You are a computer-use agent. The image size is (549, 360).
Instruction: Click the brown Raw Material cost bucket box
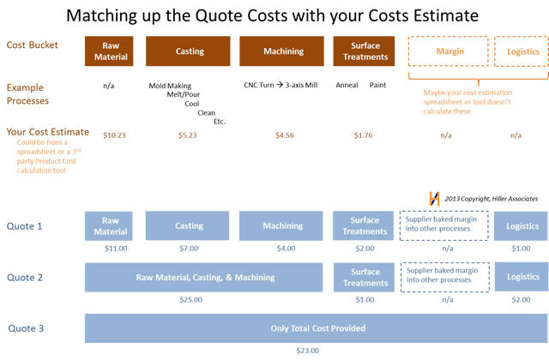(109, 51)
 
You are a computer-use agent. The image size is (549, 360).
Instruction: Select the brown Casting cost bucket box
(188, 51)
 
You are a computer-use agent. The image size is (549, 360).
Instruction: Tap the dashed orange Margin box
(448, 51)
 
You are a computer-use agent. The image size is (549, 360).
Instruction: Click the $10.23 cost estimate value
(114, 135)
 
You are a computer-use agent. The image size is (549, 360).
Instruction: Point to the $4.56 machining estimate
(285, 135)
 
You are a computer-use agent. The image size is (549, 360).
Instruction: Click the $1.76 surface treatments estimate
(363, 135)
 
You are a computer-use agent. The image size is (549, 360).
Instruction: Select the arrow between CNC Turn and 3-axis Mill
(280, 85)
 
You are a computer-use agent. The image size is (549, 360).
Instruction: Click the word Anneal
(347, 85)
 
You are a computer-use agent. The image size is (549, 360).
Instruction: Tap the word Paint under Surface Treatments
(377, 85)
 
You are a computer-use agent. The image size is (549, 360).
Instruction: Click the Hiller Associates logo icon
(434, 198)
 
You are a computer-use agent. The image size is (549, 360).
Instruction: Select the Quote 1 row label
(25, 226)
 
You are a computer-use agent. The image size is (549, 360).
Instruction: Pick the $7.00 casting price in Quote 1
(189, 249)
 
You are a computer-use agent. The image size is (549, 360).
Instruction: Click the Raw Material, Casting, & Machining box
(204, 278)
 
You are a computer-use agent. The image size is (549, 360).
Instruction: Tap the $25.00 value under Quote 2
(190, 300)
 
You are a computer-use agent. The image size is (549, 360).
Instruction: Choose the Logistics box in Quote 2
(522, 277)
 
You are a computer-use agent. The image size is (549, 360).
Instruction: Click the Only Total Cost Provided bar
(317, 328)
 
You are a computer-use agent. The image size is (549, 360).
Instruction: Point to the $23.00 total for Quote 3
(308, 351)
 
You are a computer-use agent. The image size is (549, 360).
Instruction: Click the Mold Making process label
(170, 86)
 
